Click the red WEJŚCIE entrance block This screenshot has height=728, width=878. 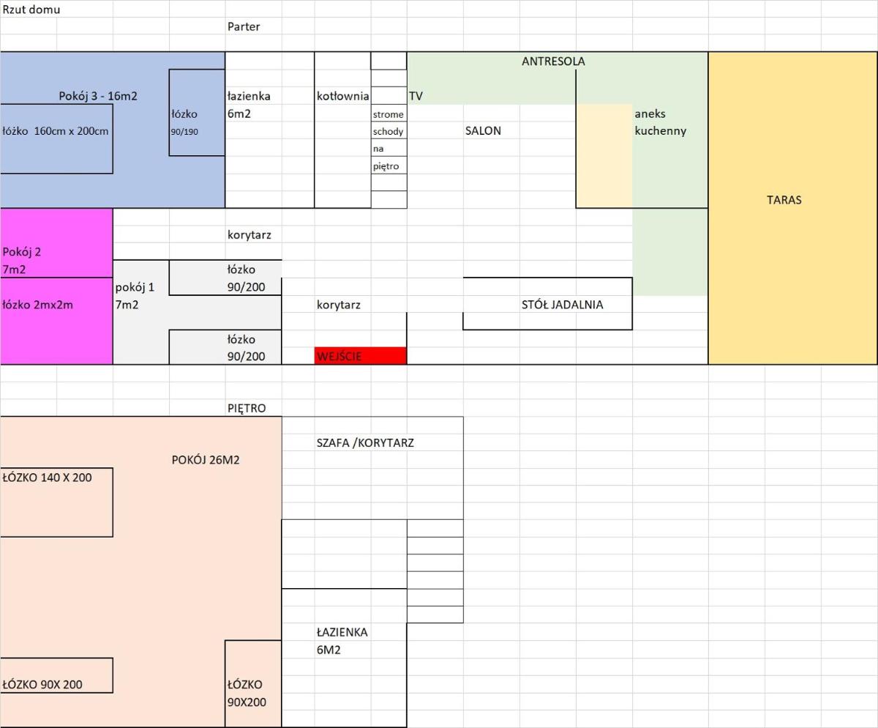click(361, 356)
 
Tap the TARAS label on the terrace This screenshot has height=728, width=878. click(784, 200)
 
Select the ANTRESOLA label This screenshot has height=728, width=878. click(553, 62)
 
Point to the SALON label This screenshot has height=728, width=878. click(483, 131)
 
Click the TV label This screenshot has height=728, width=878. click(416, 97)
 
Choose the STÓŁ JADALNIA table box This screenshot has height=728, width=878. click(547, 304)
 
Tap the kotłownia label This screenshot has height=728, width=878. click(342, 97)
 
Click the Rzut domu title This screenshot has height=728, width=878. click(31, 10)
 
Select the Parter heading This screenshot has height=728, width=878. click(244, 27)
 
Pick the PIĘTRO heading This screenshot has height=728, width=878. click(247, 409)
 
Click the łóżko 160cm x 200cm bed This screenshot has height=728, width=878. click(56, 138)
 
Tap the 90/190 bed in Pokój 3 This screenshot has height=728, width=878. click(197, 113)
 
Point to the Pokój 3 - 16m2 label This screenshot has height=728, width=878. click(98, 97)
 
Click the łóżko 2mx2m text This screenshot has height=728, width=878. click(37, 305)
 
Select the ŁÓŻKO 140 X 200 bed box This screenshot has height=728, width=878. click(56, 502)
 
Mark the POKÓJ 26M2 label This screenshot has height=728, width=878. click(205, 460)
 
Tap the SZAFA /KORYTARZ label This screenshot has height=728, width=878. click(365, 443)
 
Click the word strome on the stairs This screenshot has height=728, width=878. click(388, 114)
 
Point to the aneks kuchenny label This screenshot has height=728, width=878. click(660, 122)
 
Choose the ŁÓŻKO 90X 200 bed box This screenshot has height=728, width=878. click(56, 675)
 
